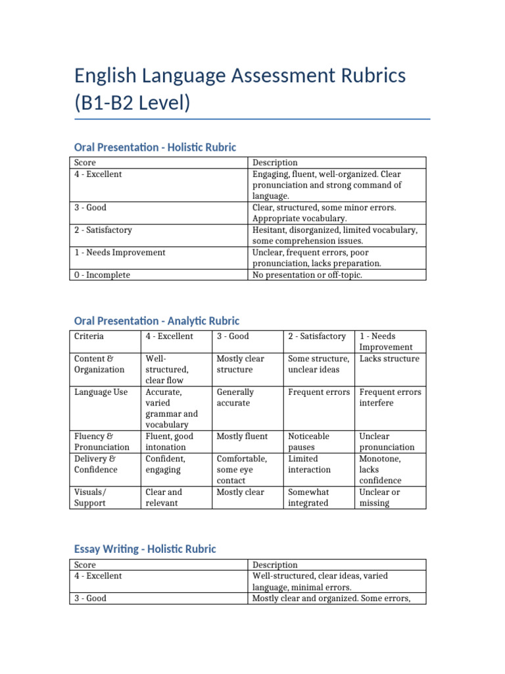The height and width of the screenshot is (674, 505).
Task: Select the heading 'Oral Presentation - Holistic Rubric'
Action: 155,147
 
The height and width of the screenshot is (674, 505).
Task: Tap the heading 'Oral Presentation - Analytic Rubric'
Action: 156,321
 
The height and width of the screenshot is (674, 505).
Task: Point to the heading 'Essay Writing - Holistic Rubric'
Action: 145,548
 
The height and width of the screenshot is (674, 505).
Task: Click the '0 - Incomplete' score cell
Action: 102,274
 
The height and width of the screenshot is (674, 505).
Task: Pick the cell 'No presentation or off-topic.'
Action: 307,274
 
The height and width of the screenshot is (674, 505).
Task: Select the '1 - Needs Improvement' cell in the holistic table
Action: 120,252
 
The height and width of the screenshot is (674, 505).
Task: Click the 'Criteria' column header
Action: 89,336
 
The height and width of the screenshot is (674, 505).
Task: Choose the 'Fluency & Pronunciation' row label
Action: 102,442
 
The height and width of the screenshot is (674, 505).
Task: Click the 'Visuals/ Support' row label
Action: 90,497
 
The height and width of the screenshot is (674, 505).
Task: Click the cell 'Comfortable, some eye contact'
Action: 241,469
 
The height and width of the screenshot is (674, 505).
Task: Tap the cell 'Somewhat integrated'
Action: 308,497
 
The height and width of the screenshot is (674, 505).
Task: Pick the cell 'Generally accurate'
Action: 236,397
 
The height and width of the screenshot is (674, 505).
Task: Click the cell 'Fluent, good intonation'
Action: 169,442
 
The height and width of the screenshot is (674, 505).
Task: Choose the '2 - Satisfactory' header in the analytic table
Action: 317,336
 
